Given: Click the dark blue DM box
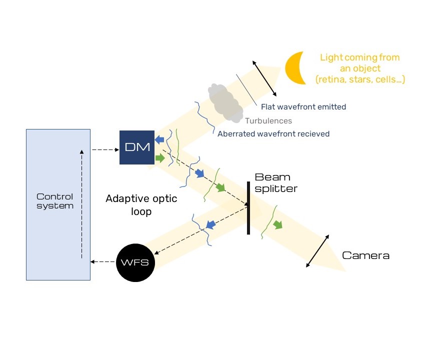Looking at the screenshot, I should pyautogui.click(x=137, y=147).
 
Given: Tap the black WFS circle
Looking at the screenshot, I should pyautogui.click(x=135, y=262).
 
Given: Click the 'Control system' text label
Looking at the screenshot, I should pyautogui.click(x=55, y=201).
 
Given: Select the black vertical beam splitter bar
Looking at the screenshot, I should pyautogui.click(x=248, y=207).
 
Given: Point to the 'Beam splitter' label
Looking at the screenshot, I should pyautogui.click(x=276, y=183).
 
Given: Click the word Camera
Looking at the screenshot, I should pyautogui.click(x=365, y=255).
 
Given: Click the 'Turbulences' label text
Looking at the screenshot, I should pyautogui.click(x=268, y=120).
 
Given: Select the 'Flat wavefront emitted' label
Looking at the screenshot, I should pyautogui.click(x=303, y=106).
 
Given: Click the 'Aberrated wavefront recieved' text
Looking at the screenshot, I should pyautogui.click(x=273, y=134).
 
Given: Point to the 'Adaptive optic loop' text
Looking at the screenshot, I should pyautogui.click(x=141, y=204).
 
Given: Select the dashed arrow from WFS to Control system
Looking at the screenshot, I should pyautogui.click(x=103, y=261).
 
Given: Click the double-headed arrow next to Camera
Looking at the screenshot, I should pyautogui.click(x=317, y=250).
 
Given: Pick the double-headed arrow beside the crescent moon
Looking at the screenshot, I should pyautogui.click(x=263, y=78).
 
